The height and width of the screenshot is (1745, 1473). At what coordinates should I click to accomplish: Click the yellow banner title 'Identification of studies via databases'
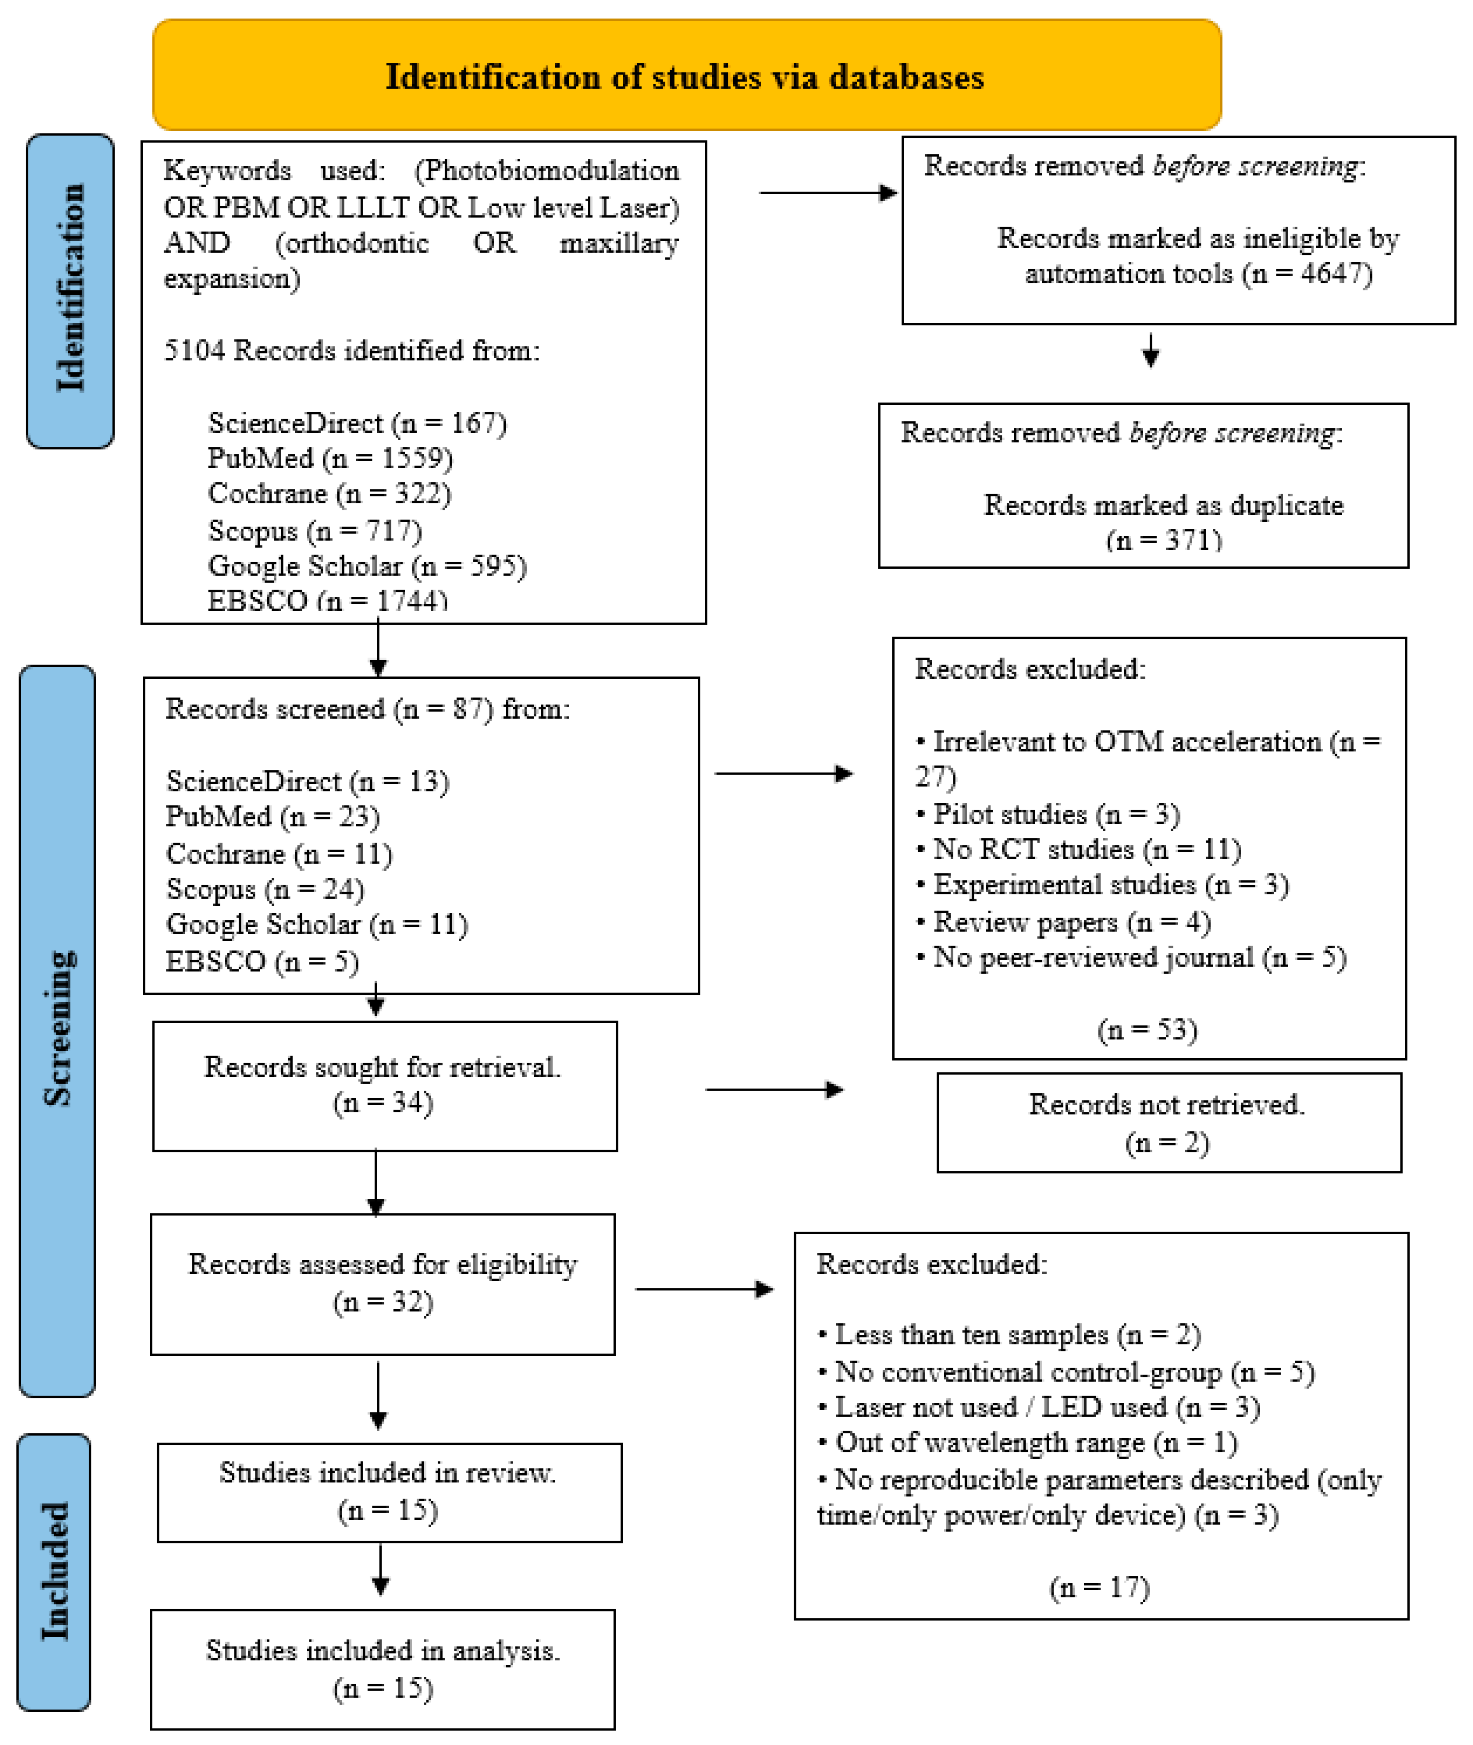point(685,77)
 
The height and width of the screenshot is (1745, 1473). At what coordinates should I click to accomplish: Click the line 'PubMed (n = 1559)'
point(330,458)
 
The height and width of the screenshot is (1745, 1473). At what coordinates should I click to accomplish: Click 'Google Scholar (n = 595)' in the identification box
point(367,566)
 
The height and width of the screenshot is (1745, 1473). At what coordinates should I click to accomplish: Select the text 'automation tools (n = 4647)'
point(1198,274)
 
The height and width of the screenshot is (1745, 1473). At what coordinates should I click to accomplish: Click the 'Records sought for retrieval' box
point(384,1085)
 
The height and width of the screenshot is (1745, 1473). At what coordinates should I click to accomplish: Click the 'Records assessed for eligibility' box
point(383,1283)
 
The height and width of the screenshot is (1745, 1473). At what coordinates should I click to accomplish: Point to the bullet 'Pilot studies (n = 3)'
point(1055,814)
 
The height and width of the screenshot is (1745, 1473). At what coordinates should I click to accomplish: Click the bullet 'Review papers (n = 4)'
point(1071,922)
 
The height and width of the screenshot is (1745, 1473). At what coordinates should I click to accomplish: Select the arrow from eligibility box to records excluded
point(704,1289)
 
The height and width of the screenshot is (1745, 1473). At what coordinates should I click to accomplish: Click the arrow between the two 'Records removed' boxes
point(1151,351)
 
